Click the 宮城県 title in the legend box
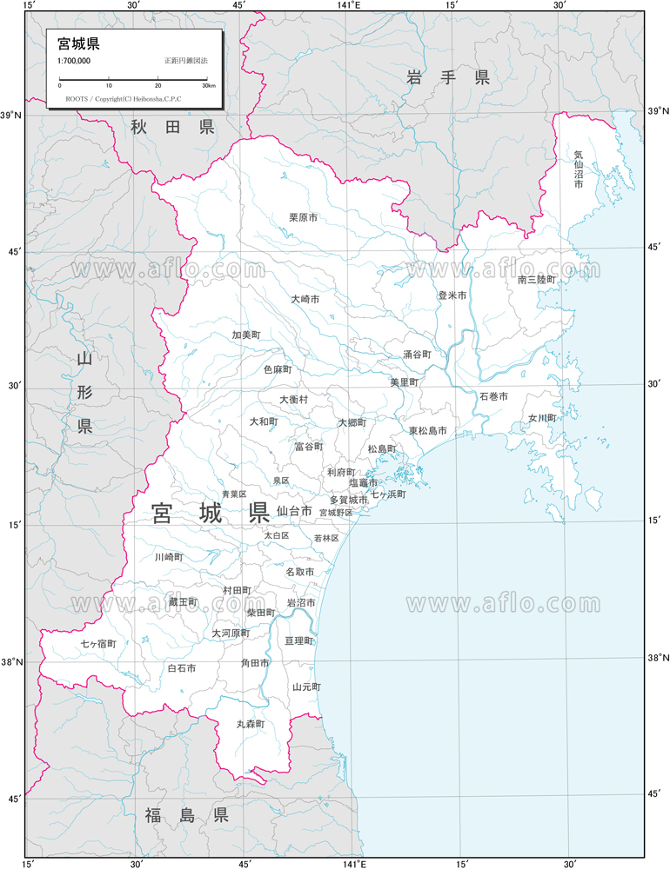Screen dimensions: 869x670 (x=78, y=43)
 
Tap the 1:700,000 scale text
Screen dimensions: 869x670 (x=74, y=61)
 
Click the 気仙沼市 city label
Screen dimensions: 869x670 (x=579, y=170)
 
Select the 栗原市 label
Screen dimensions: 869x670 (x=304, y=218)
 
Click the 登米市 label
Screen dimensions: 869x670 (x=452, y=295)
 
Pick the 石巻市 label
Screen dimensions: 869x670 (x=492, y=396)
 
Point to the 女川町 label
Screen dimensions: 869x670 (x=541, y=418)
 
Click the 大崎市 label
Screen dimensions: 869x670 (x=305, y=299)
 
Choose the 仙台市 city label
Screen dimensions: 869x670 (x=294, y=511)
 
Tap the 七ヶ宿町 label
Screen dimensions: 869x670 (x=98, y=644)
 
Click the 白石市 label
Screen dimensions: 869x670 (x=181, y=668)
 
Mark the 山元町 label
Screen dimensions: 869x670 (x=306, y=687)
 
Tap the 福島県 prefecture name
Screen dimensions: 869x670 (x=186, y=815)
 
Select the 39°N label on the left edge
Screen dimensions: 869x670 (x=11, y=116)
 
